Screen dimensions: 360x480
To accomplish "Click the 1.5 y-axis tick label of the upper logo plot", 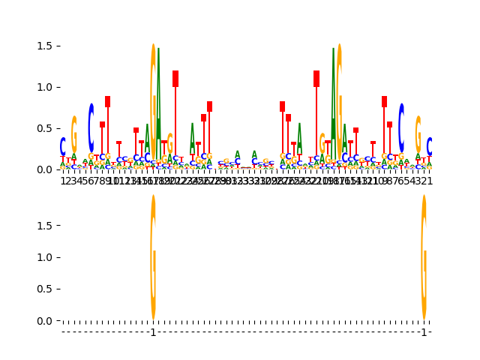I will [48, 46].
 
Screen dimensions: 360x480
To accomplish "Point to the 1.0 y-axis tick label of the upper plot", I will [48, 87].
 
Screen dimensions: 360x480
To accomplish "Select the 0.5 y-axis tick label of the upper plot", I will [48, 128].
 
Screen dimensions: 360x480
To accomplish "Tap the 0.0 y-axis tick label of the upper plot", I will [48, 169].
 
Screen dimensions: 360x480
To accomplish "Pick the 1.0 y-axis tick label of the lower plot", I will [48, 257].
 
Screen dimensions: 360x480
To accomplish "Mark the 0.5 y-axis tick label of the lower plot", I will [48, 289].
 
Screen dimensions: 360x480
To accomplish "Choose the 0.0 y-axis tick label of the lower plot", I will [48, 321].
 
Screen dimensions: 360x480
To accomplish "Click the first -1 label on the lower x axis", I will [153, 332].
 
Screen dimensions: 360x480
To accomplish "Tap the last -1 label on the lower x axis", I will [424, 332].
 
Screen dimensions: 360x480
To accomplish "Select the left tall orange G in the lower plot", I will [153, 257].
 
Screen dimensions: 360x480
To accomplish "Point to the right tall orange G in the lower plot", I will [424, 257].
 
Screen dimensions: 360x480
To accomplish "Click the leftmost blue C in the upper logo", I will [63, 146].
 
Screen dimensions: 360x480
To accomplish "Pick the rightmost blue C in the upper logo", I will [430, 146].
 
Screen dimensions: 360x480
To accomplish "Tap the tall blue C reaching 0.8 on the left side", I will [91, 127].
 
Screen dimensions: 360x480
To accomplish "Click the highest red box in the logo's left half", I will [175, 79].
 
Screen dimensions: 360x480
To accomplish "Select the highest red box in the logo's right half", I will [316, 79].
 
